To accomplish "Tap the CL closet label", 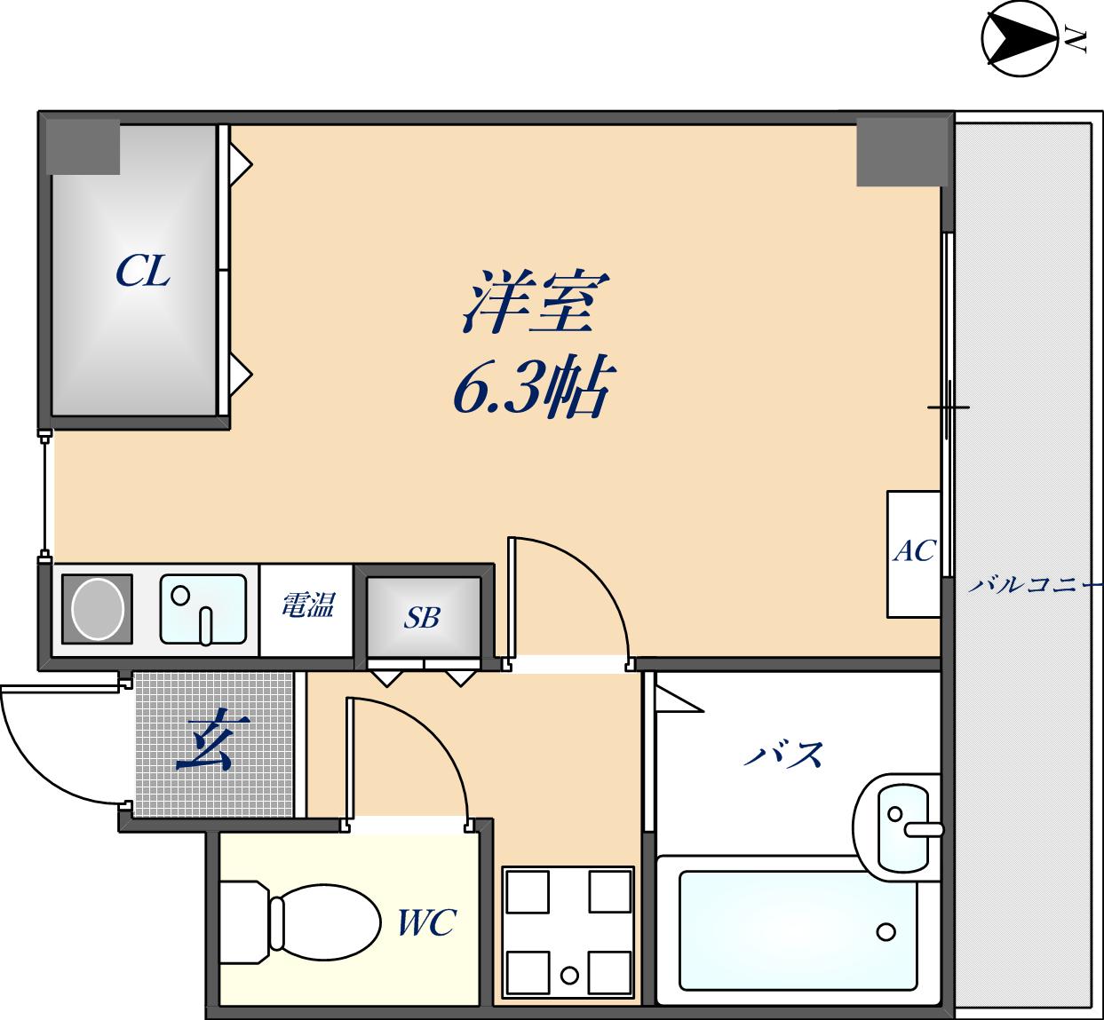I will [142, 271].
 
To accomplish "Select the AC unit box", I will [913, 553].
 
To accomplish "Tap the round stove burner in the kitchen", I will [97, 608].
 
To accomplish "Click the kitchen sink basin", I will [203, 608].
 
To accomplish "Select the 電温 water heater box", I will [307, 606].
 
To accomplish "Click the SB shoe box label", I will [423, 617].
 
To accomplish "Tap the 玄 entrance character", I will [205, 744].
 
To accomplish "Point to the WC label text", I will [426, 923].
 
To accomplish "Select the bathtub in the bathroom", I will [798, 930].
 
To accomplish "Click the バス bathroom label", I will [783, 755].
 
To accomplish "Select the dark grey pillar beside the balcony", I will [899, 151].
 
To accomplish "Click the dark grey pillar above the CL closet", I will [83, 146].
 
